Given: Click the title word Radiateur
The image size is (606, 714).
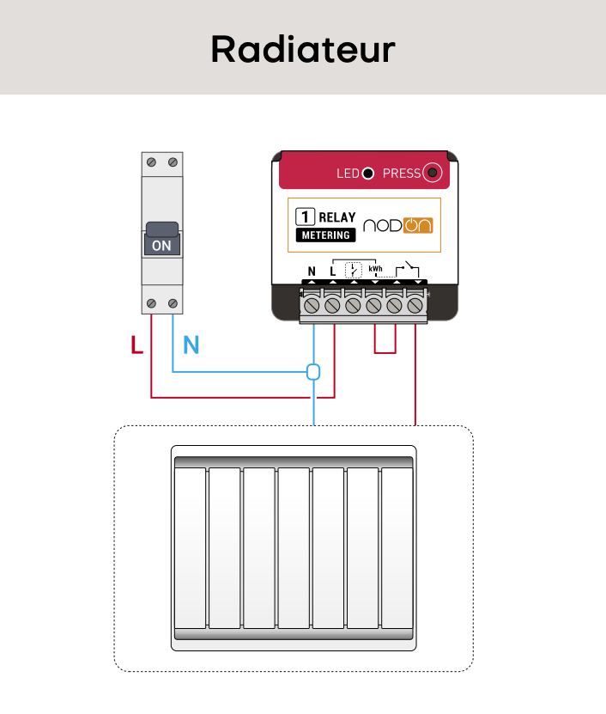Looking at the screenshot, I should coord(302,49).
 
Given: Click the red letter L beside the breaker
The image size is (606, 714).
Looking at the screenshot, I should coord(136,346).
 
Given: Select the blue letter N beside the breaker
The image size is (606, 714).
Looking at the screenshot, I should coord(191,346).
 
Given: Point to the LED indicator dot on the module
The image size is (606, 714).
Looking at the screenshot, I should coord(368,174).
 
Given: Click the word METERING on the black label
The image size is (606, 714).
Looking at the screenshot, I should coord(325,235).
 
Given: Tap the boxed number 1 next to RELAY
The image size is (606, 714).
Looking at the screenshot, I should coord(304,217).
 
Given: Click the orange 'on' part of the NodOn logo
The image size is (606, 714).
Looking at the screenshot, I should coord(419,225).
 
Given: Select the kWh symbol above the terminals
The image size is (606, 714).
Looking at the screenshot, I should coord(375,270).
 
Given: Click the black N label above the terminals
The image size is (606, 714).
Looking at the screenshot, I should coord(312,272).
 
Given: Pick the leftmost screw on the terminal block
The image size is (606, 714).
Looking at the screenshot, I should coord(312,305).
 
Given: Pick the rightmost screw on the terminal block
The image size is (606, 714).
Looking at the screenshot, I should coord(415,305).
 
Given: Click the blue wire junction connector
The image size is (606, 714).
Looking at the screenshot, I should coord(313,372).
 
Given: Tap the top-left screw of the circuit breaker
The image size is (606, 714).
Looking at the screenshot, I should coord(152,162).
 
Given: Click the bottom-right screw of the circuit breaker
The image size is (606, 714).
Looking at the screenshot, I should coord(173,303).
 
